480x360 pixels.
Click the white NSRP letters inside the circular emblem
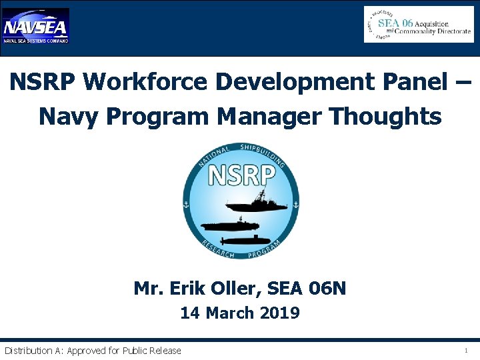tap(241, 175)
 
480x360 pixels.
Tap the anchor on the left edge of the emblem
tap(187, 205)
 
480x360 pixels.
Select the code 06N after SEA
tap(328, 289)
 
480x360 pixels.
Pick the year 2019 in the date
tap(280, 313)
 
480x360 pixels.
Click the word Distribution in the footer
tap(29, 351)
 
